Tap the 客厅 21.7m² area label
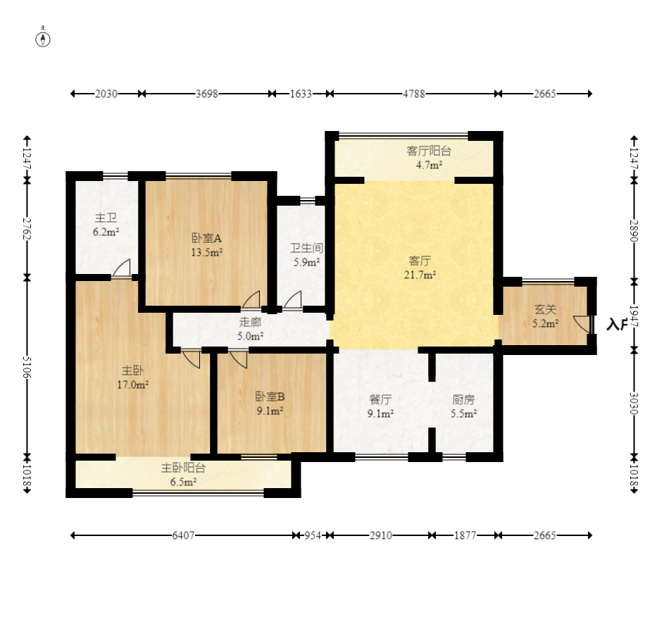(x=420, y=268)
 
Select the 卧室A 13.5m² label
(x=206, y=245)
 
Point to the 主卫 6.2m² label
(x=106, y=225)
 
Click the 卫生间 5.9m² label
(x=306, y=254)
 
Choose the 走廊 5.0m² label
(x=250, y=329)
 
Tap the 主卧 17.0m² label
(x=132, y=378)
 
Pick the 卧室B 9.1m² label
(x=270, y=403)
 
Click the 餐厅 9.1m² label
(x=380, y=406)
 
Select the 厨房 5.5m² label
(x=463, y=406)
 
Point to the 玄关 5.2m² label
(x=546, y=316)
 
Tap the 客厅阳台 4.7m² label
(x=429, y=158)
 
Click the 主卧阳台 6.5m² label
(x=183, y=475)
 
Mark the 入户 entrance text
(x=616, y=324)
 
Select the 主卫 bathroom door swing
(x=121, y=268)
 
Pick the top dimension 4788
(x=414, y=94)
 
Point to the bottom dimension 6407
(x=183, y=535)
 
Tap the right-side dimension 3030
(x=634, y=404)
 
